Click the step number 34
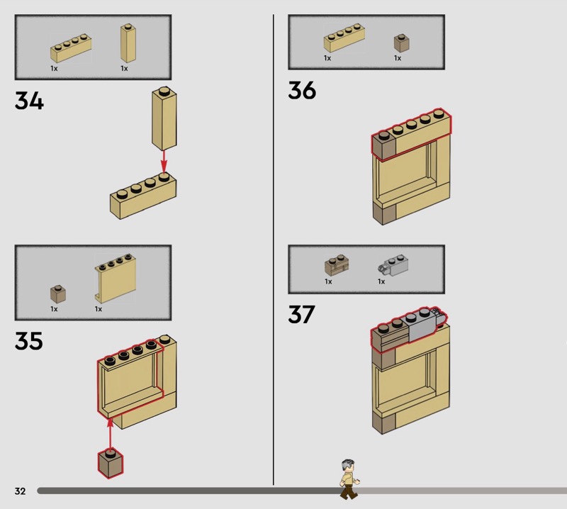point(29,101)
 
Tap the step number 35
point(29,341)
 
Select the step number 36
point(303,90)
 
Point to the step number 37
point(302,314)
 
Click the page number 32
point(21,491)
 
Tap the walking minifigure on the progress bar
point(349,479)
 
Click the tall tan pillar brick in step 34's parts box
point(128,43)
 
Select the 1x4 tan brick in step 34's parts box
point(71,48)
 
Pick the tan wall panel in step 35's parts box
point(116,278)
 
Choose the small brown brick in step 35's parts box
point(58,294)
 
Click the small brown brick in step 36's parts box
point(402,43)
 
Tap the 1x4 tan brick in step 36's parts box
point(344,38)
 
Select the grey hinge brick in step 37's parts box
point(393,265)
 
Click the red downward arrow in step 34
point(164,161)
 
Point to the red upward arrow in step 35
point(110,432)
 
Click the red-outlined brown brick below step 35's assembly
point(111,464)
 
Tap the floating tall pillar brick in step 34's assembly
point(164,118)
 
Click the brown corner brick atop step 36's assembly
point(384,146)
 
